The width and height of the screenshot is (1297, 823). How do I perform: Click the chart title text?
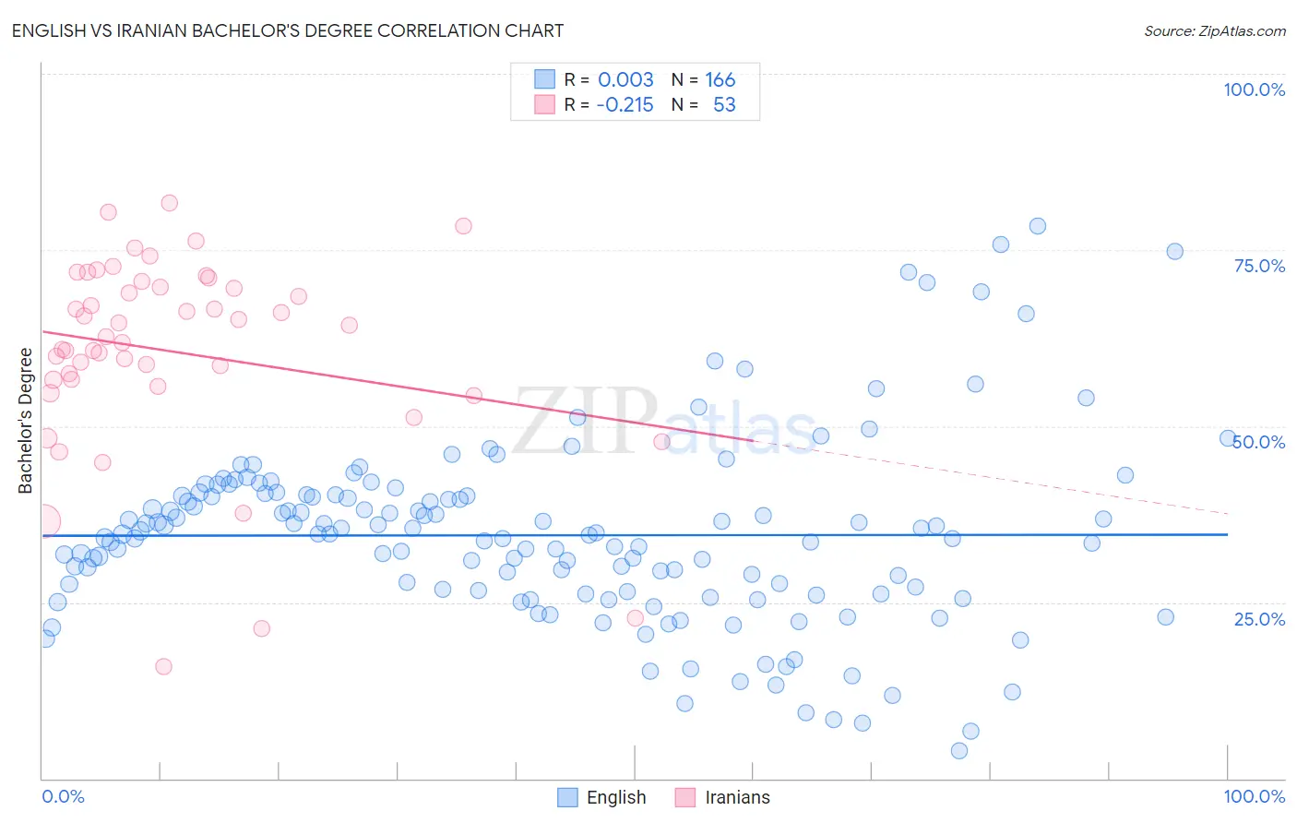point(287,30)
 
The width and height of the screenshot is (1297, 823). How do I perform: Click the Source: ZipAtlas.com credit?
point(1214,30)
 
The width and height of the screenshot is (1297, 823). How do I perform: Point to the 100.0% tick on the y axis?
point(1254,89)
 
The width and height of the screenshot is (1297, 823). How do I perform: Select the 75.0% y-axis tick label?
point(1259,266)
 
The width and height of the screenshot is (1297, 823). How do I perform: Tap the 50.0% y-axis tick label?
point(1259,442)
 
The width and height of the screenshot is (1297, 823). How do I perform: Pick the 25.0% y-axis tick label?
point(1259,619)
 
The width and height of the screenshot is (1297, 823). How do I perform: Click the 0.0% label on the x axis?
point(63,796)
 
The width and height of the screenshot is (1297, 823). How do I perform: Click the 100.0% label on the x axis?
point(1254,796)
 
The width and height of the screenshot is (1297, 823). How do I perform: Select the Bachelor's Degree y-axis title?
point(26,421)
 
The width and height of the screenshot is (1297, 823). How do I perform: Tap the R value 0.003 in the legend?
point(625,79)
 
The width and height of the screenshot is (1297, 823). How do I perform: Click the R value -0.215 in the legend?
point(625,105)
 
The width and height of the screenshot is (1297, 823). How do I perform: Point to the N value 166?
point(720,79)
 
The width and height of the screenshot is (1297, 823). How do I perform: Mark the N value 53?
point(724,105)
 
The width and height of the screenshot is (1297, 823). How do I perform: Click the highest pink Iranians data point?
point(169,203)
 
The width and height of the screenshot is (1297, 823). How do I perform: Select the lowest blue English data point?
point(959,751)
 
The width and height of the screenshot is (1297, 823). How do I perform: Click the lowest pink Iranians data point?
point(163,666)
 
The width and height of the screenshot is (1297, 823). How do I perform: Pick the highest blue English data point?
point(1038,226)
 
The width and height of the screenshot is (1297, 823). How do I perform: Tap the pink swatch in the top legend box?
point(545,105)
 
